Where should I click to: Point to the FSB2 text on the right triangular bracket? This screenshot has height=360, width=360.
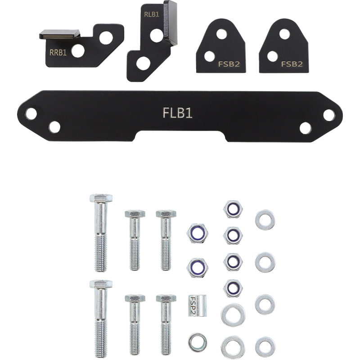tap(291, 63)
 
